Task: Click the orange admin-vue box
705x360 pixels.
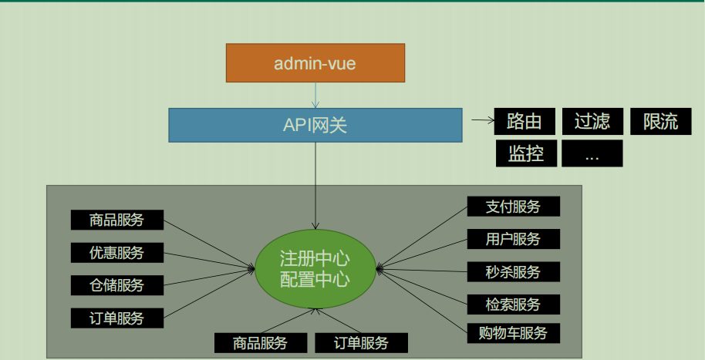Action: (315, 63)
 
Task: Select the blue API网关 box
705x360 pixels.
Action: (315, 125)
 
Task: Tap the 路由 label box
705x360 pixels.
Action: (524, 121)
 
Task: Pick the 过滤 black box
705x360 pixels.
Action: (592, 121)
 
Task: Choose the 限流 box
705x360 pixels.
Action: (660, 121)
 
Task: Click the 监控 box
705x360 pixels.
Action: (526, 153)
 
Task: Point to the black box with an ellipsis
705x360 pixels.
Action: (592, 153)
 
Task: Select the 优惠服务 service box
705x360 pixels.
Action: (117, 252)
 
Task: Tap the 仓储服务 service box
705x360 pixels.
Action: (117, 284)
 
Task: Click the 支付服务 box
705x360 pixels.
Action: (513, 207)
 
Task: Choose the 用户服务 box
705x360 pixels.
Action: (513, 239)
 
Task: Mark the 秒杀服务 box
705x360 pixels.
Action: (513, 271)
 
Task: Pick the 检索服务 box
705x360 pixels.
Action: (513, 304)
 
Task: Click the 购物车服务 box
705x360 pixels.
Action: (513, 333)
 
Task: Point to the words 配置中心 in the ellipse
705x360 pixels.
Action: (315, 278)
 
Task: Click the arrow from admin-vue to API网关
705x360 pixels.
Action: (315, 95)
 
